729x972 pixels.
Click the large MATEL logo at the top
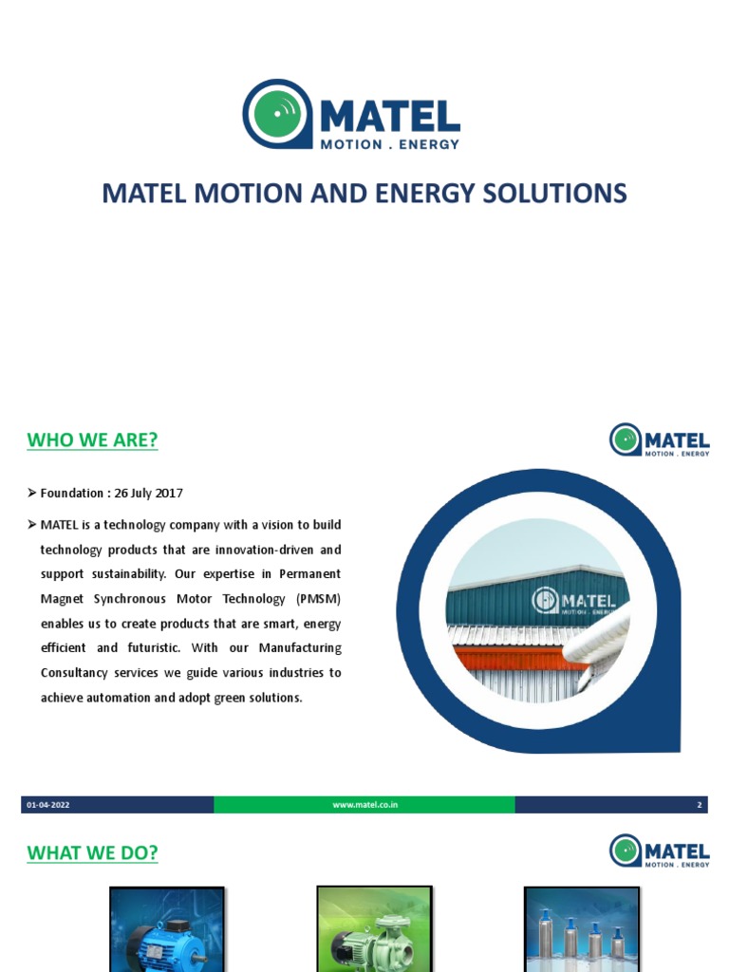(351, 115)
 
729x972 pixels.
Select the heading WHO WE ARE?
(92, 440)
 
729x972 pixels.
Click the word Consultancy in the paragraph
(79, 673)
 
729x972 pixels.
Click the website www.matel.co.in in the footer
(364, 805)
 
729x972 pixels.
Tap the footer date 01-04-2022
(48, 805)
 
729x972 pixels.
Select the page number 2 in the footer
(700, 805)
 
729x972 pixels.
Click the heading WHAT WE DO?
(92, 853)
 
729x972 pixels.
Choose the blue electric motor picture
(167, 929)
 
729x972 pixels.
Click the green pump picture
(374, 929)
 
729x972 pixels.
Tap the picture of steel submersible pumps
(582, 929)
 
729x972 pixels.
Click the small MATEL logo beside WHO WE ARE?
(659, 440)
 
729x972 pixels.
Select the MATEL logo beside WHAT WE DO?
(659, 851)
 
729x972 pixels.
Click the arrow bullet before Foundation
(32, 494)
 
